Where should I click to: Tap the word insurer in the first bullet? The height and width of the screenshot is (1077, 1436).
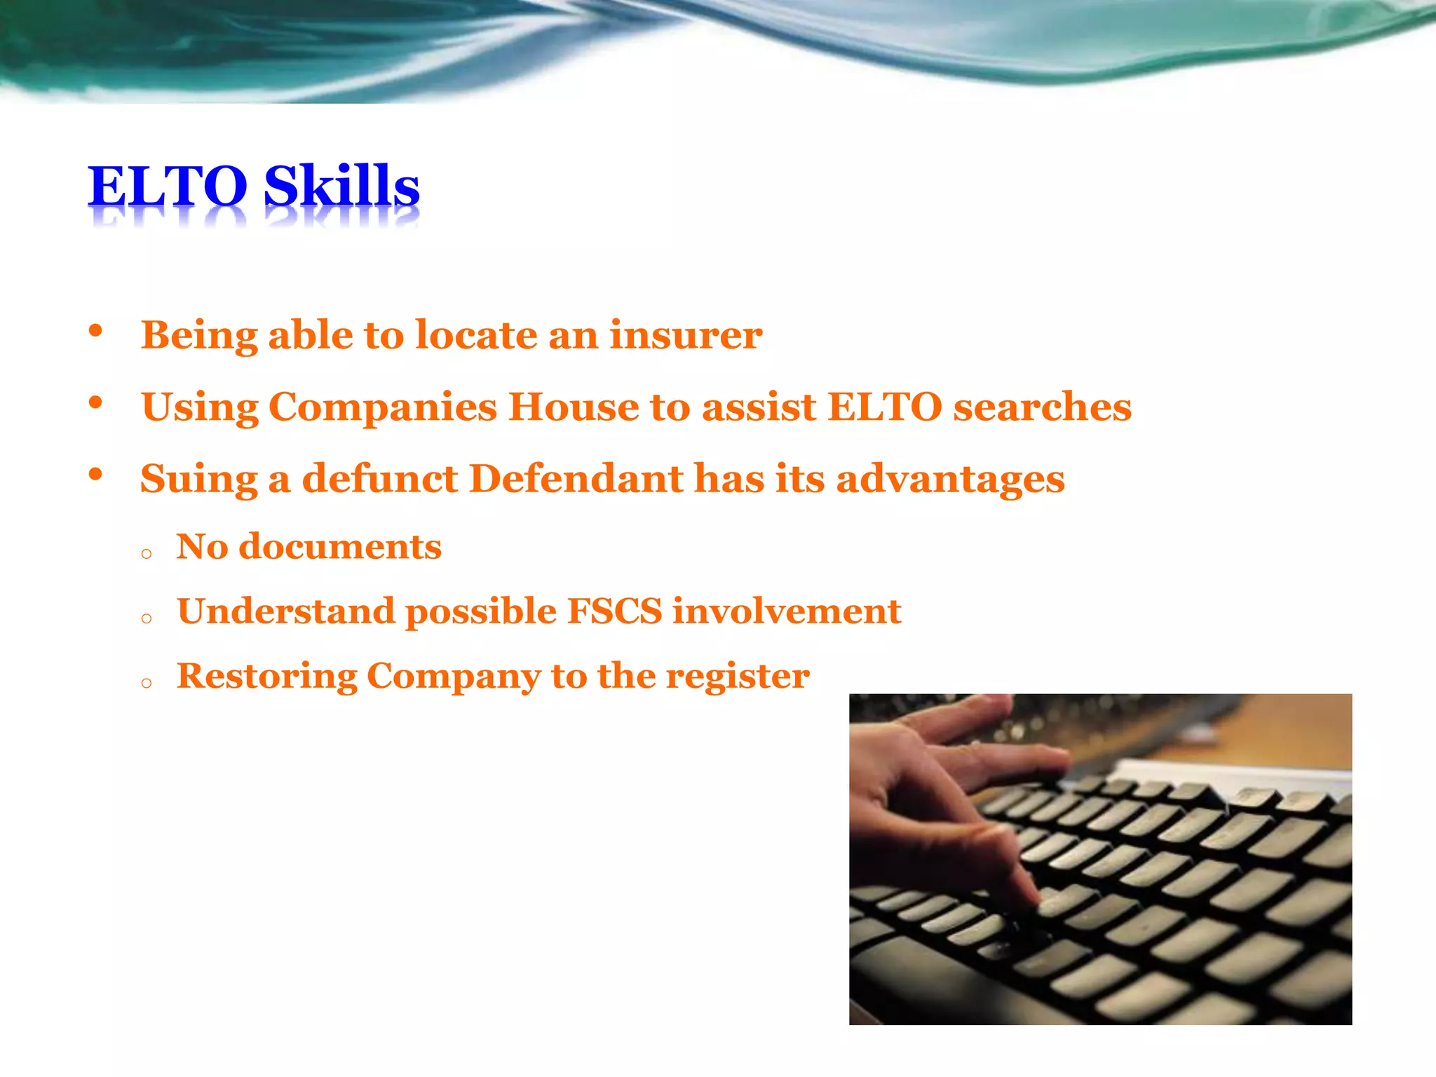pyautogui.click(x=685, y=335)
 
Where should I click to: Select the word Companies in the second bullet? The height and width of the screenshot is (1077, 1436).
pyautogui.click(x=382, y=407)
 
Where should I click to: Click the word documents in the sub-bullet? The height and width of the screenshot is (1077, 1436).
pyautogui.click(x=340, y=547)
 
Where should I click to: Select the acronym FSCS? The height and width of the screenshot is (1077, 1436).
pyautogui.click(x=614, y=611)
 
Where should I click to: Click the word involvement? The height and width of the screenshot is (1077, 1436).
pyautogui.click(x=786, y=611)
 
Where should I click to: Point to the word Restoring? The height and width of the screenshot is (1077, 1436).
pyautogui.click(x=266, y=677)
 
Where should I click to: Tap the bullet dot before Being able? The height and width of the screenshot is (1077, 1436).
pyautogui.click(x=96, y=331)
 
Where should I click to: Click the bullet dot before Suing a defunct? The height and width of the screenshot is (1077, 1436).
pyautogui.click(x=96, y=475)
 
